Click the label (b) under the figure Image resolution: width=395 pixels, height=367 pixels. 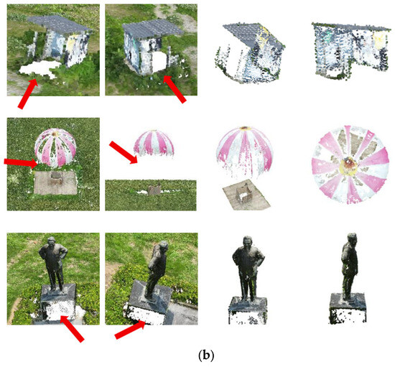pyautogui.click(x=206, y=356)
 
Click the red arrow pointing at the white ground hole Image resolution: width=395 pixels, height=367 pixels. pyautogui.click(x=28, y=93)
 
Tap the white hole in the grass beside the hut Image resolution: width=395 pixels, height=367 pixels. pyautogui.click(x=39, y=69)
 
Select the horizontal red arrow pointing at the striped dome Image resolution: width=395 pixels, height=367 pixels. pyautogui.click(x=21, y=162)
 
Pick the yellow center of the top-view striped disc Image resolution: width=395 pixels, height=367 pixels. pyautogui.click(x=349, y=165)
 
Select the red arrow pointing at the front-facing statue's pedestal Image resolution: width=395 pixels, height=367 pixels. pyautogui.click(x=73, y=328)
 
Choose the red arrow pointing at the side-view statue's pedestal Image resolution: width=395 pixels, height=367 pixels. pyautogui.click(x=130, y=330)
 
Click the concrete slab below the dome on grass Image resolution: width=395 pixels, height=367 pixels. pyautogui.click(x=55, y=182)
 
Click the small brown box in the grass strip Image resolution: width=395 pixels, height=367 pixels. pyautogui.click(x=154, y=190)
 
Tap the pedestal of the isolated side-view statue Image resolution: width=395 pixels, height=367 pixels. pyautogui.click(x=348, y=308)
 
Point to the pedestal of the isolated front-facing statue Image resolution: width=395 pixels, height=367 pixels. pyautogui.click(x=247, y=310)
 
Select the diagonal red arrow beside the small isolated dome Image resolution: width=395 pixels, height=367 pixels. pyautogui.click(x=124, y=152)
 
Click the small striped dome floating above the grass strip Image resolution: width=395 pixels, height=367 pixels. pyautogui.click(x=154, y=142)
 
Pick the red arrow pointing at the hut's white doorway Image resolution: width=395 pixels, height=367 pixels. pyautogui.click(x=175, y=89)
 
